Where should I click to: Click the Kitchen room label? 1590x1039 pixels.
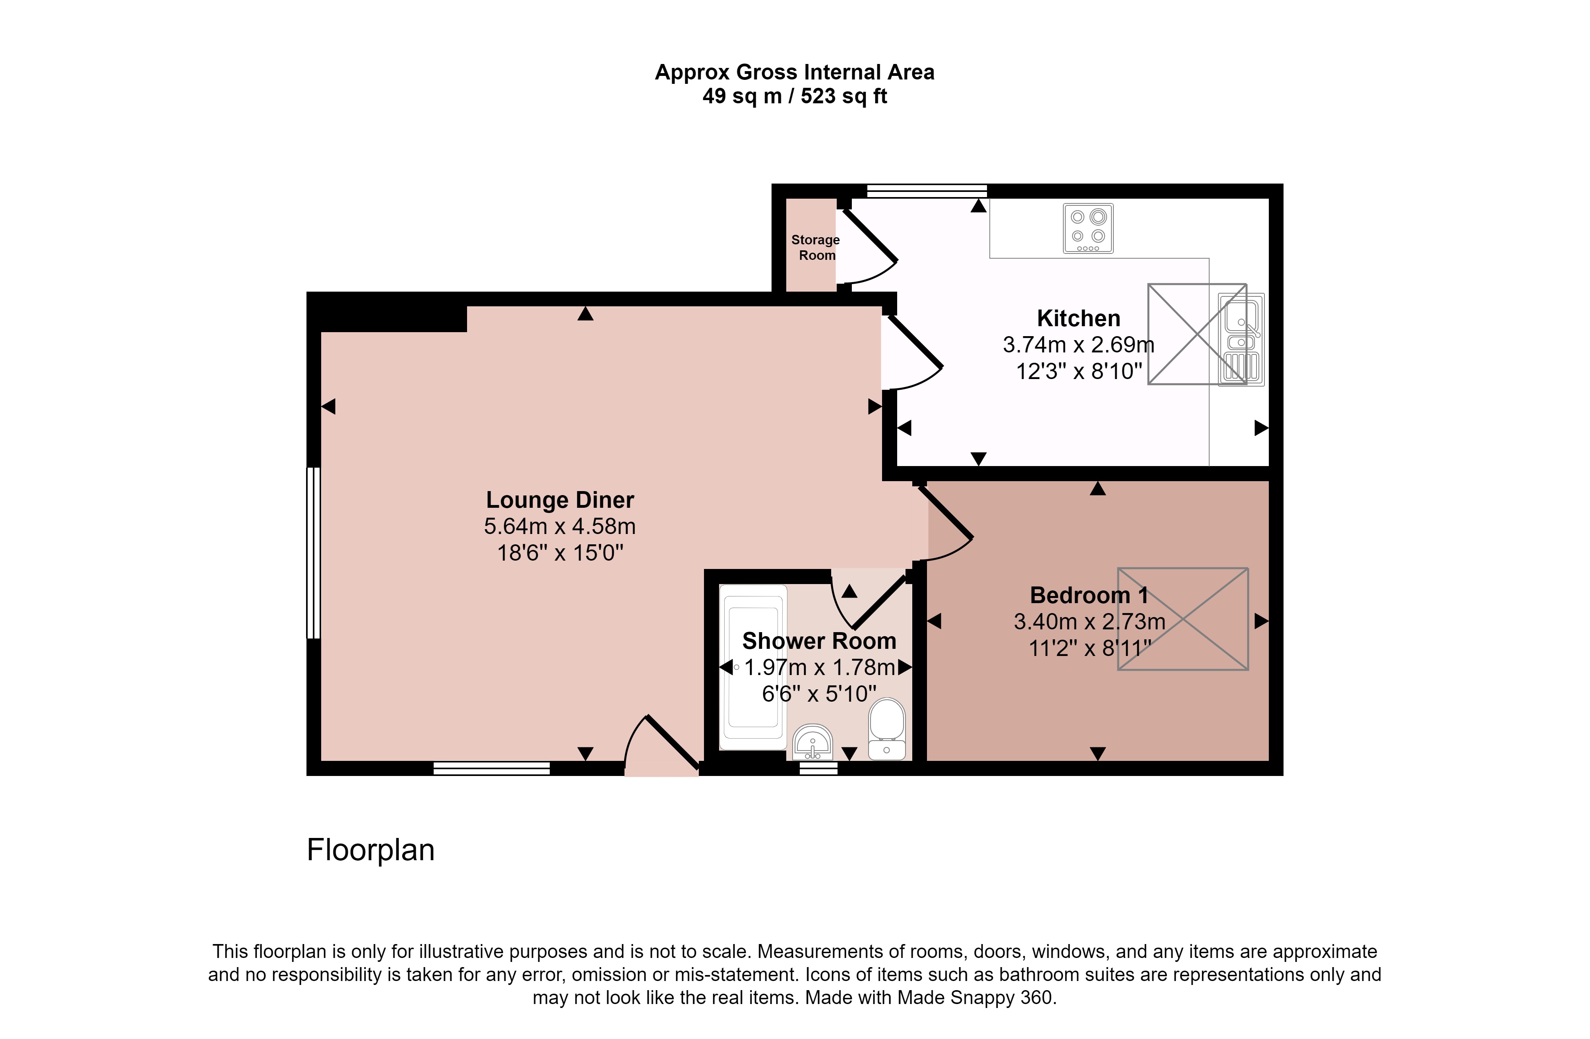[1078, 319]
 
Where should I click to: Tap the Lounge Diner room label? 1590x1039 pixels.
[560, 500]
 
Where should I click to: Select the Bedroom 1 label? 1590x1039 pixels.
[1089, 595]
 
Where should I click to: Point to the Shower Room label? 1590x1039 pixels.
[819, 641]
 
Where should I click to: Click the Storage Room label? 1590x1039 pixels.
[816, 248]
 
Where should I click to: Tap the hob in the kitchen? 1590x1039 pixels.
[1088, 228]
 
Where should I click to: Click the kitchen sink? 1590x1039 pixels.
[1241, 340]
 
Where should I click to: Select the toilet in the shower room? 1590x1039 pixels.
[886, 729]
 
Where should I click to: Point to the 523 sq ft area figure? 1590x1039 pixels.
[844, 96]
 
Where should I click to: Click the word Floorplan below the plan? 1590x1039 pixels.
[371, 850]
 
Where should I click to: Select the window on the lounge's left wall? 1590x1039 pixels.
[313, 553]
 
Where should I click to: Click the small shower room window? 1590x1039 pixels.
[818, 768]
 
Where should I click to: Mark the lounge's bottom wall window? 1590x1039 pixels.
[492, 768]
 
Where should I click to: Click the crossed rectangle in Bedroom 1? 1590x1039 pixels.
[1183, 619]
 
